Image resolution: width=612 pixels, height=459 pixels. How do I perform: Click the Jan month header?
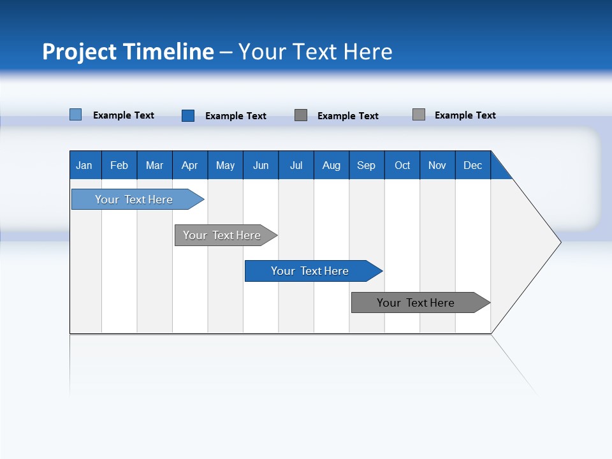(85, 165)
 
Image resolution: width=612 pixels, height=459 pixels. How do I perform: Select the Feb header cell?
(119, 165)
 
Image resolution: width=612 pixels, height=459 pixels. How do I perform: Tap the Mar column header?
(154, 165)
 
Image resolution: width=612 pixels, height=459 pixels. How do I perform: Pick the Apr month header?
(190, 165)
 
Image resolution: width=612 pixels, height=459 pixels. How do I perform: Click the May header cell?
(225, 165)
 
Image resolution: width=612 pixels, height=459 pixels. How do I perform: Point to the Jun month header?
(261, 165)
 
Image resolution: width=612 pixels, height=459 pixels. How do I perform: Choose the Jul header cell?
(296, 165)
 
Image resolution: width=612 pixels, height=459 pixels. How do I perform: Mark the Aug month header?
(331, 165)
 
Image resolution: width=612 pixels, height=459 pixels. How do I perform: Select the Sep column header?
(367, 165)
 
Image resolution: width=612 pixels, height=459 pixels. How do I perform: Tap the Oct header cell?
(402, 165)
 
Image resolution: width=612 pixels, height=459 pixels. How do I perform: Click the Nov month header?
(437, 165)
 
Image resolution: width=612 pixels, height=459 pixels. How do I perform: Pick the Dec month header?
(473, 165)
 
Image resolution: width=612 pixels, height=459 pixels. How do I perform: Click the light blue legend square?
(76, 115)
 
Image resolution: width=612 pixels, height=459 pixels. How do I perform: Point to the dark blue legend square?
(188, 115)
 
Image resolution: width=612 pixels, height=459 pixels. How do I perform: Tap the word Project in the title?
(78, 52)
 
